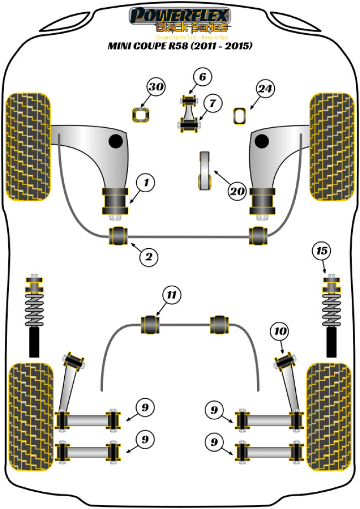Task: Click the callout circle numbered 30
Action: [156, 87]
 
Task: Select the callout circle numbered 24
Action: [265, 88]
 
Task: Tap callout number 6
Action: [202, 77]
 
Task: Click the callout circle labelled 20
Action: [237, 191]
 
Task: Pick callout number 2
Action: [149, 256]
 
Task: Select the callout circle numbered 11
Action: [172, 295]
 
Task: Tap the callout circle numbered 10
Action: [279, 332]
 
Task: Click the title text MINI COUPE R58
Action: [179, 46]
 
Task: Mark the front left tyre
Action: [28, 147]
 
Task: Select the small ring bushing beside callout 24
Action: [239, 115]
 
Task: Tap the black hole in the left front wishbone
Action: [115, 141]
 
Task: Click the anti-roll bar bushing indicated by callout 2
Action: [119, 235]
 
